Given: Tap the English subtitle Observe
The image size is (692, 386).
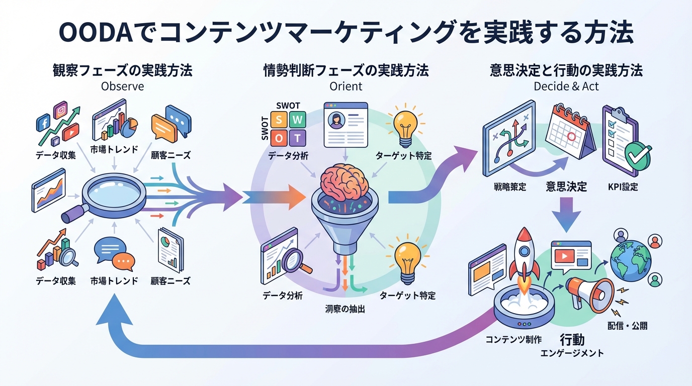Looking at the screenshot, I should (x=122, y=86).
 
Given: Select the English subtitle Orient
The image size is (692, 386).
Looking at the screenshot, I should (x=345, y=86).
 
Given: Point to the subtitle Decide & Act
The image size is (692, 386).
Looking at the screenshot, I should (x=566, y=86).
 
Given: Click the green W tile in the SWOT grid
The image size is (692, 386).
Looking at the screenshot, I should (x=298, y=120).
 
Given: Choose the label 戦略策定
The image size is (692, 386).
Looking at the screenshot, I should (x=509, y=187).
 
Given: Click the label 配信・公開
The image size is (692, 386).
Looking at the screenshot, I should (x=627, y=326).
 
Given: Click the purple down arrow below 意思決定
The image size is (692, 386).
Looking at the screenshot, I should (x=567, y=213).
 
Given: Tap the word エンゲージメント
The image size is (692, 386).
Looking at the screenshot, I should (x=572, y=353).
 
